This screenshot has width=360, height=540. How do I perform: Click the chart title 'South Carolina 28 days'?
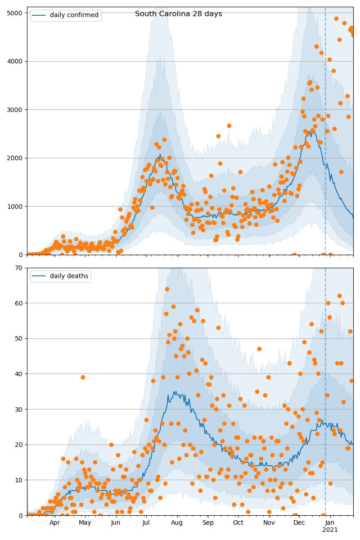178,14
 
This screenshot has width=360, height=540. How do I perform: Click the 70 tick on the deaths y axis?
19,268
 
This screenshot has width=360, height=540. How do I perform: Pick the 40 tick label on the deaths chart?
19,374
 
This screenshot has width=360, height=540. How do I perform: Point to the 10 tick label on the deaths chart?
19,480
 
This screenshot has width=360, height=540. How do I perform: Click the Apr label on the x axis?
54,523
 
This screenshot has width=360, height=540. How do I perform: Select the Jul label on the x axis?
146,523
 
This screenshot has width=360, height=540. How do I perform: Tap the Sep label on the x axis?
208,523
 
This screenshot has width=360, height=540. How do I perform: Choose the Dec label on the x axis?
299,523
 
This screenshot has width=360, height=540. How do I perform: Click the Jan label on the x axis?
330,523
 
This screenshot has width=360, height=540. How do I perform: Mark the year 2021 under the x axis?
330,530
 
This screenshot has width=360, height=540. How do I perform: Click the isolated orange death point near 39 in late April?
83,377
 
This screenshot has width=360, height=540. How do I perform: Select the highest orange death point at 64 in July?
167,289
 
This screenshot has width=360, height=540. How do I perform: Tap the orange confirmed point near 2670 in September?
229,126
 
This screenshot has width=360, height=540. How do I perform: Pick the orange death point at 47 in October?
259,349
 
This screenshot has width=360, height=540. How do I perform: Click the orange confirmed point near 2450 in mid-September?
218,136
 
